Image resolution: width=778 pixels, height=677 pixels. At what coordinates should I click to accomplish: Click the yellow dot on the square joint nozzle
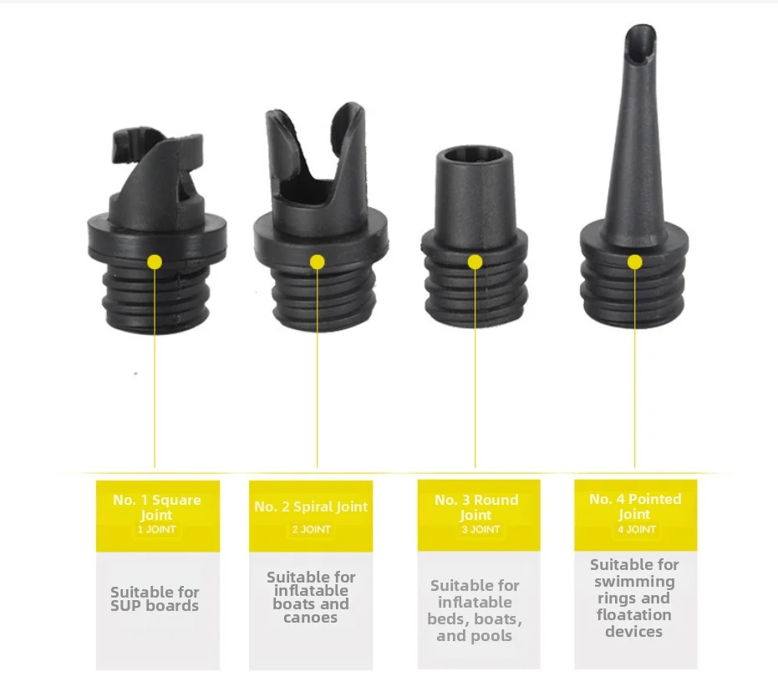pos(155,262)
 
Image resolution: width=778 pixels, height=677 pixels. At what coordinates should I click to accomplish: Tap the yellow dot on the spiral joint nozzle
pos(317,262)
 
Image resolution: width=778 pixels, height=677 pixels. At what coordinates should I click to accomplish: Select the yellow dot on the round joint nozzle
pos(475,262)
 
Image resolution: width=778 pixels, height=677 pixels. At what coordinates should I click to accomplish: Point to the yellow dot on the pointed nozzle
pos(634,262)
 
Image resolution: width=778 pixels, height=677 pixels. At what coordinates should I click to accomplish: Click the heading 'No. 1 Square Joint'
pos(157,507)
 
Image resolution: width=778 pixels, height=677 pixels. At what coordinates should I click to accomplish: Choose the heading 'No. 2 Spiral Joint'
pos(311,506)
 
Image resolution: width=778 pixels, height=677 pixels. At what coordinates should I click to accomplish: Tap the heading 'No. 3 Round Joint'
pos(476,507)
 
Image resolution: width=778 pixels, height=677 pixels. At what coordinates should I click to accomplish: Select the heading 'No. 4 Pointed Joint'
pos(635,506)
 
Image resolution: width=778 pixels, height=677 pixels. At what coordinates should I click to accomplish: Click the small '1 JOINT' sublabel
pos(157,530)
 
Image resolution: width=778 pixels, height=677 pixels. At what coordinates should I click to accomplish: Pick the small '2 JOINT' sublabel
pos(311,530)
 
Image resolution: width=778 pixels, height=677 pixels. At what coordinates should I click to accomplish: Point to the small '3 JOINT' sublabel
pos(481,530)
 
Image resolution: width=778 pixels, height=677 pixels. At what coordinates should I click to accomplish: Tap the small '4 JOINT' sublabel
pos(636,530)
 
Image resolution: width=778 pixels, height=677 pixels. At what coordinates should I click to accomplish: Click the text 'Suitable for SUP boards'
pos(155,599)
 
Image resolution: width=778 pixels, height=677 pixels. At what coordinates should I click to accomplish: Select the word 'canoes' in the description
pos(311,618)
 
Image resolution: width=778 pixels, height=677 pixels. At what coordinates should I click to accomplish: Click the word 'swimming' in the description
pos(634,582)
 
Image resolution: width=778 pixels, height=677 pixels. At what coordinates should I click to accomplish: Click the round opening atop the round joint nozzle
pos(475,155)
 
